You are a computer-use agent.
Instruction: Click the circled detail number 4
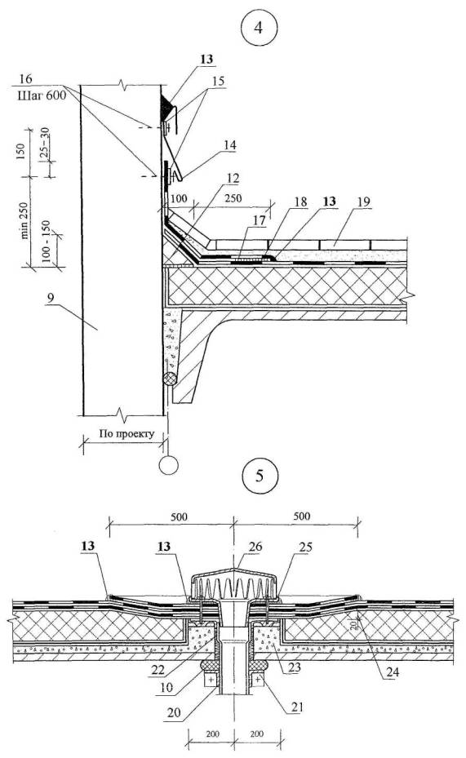[x=258, y=27]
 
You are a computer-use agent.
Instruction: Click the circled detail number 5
[x=260, y=476]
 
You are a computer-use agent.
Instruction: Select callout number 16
[x=25, y=79]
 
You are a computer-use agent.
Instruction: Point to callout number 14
[x=229, y=144]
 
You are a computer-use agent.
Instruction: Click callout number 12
[x=233, y=178]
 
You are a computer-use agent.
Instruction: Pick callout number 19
[x=363, y=202]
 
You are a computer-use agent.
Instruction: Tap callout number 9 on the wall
[x=51, y=298]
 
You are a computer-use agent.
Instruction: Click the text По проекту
[x=126, y=433]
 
